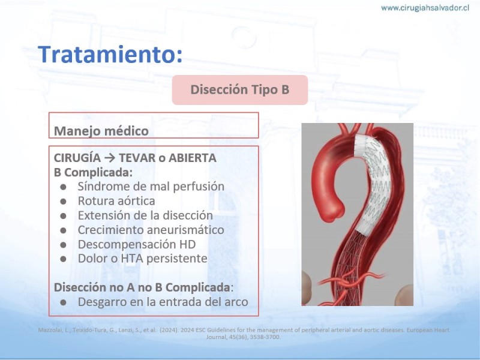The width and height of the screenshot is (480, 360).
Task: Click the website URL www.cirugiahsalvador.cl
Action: [x=425, y=8]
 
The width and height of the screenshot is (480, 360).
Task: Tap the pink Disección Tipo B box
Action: [x=239, y=89]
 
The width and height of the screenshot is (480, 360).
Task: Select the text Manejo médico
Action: [x=101, y=131]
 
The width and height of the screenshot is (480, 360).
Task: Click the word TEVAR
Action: [x=137, y=158]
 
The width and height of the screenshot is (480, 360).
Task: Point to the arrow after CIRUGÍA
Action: [x=110, y=158]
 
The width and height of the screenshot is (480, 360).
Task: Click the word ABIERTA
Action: [x=193, y=158]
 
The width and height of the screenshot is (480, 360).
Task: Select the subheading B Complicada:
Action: [x=94, y=172]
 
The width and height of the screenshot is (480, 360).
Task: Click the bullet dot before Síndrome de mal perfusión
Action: [x=64, y=187]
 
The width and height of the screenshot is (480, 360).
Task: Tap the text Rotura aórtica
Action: [x=116, y=201]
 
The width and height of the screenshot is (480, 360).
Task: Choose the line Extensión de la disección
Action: [x=145, y=215]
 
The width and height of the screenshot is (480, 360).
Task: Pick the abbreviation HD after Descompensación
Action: [x=188, y=244]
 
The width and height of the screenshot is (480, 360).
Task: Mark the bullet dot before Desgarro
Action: [x=64, y=303]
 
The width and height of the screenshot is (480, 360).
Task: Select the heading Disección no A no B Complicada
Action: [x=142, y=287]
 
